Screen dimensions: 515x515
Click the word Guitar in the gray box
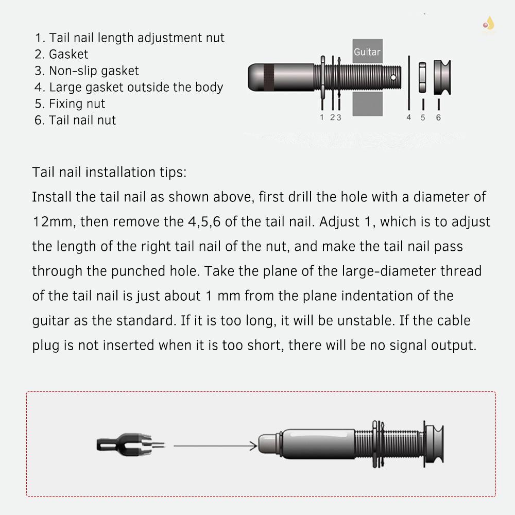click(367, 52)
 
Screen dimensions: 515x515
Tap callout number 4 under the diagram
click(409, 117)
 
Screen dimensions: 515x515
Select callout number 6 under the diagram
click(438, 117)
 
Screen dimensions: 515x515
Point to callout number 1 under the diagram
click(322, 117)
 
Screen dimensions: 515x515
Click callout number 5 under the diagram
click(423, 117)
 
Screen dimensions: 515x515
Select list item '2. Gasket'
click(61, 54)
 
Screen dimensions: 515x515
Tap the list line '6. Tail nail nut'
click(75, 120)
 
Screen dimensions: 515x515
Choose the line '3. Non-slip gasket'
click(87, 71)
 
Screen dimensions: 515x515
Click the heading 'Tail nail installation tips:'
click(109, 172)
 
